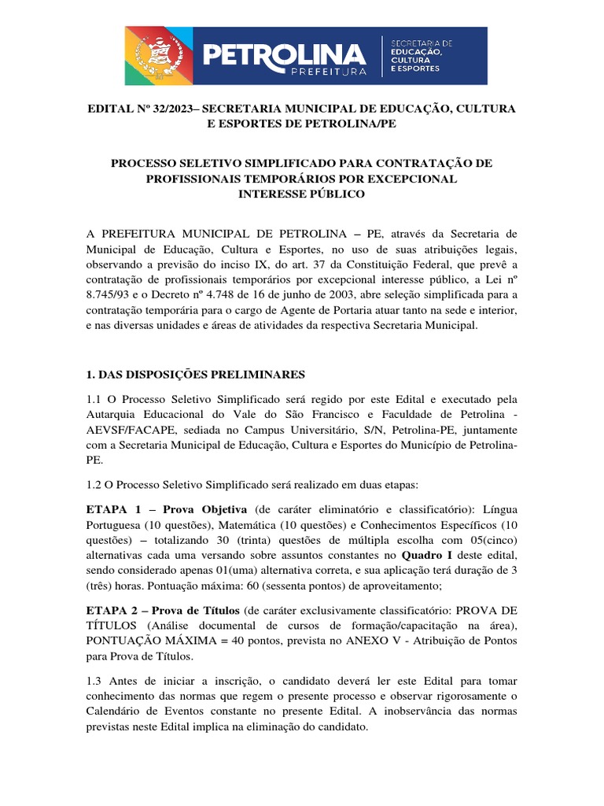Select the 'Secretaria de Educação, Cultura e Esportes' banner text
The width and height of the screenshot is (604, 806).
424,55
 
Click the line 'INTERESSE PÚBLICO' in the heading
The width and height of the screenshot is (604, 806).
302,194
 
